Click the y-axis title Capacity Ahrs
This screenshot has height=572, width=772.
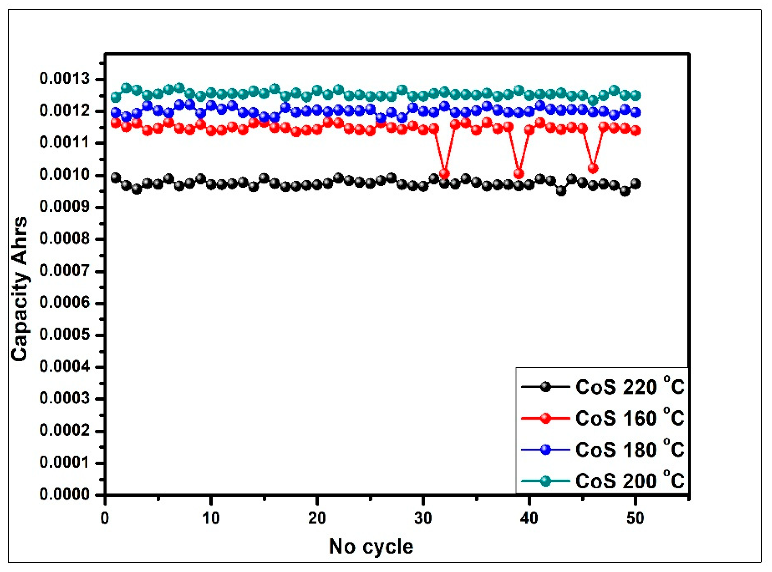(x=20, y=289)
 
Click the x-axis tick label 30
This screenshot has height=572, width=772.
(x=423, y=518)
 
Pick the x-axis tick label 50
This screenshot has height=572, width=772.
(x=635, y=518)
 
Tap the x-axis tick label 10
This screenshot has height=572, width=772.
(x=211, y=518)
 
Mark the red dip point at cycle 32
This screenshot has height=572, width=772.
(x=445, y=173)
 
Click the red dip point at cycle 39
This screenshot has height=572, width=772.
(x=519, y=173)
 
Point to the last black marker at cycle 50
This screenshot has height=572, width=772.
(x=635, y=183)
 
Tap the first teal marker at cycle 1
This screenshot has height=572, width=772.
(x=116, y=97)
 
